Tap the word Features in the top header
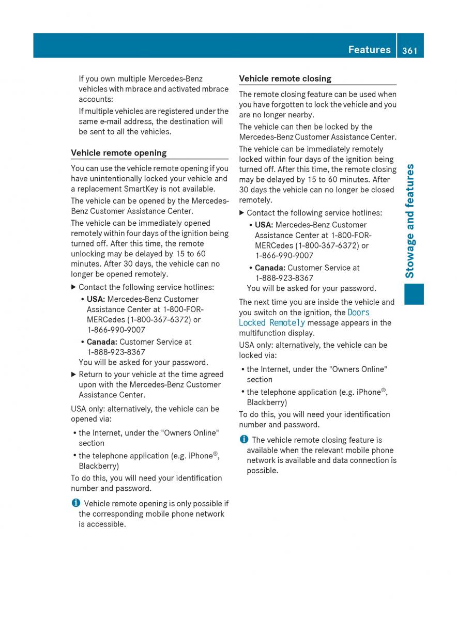coord(369,50)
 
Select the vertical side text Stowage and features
coord(410,221)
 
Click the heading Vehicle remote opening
coord(118,153)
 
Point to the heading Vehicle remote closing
coord(285,79)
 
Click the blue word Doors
coord(359,313)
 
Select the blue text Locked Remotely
coord(272,323)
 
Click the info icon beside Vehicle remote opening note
coord(75,503)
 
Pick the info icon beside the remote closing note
coord(243,440)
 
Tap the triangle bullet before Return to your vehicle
coord(73,375)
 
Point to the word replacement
coord(99,189)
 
